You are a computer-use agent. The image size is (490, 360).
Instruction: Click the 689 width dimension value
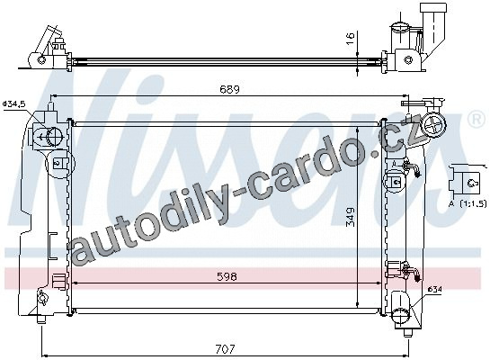tap(229, 90)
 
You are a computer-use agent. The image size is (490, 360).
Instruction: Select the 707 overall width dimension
tap(226, 349)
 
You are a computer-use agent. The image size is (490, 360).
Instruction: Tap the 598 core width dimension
tap(227, 276)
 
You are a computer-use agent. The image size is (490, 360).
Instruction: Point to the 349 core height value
tap(351, 216)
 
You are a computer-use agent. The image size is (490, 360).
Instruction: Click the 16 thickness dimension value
tap(351, 38)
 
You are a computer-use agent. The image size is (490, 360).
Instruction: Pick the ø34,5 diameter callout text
tap(13, 103)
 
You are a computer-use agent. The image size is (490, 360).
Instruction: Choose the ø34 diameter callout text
tap(434, 290)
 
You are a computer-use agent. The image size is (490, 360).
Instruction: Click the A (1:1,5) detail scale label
tap(468, 204)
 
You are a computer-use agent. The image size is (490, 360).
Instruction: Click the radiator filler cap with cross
tap(433, 124)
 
